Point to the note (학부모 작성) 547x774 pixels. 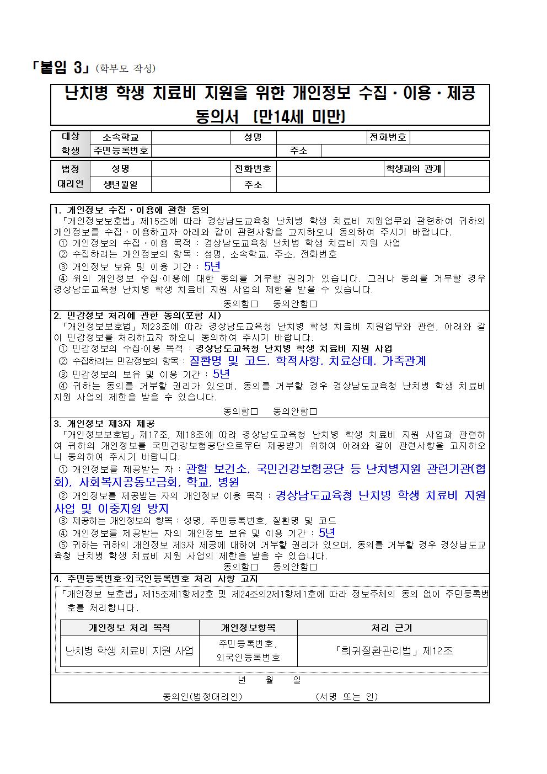[x=126, y=69]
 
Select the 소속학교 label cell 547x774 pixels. [x=120, y=137]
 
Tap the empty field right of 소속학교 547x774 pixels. [x=190, y=137]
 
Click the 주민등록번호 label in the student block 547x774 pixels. [x=120, y=151]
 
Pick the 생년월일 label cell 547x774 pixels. [x=120, y=185]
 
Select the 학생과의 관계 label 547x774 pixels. [x=414, y=169]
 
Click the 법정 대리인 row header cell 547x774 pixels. [x=70, y=177]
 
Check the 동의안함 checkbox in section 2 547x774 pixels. [x=313, y=412]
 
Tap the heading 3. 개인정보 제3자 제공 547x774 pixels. [x=104, y=424]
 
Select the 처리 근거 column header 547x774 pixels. [x=392, y=628]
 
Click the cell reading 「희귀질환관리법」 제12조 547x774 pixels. [x=392, y=651]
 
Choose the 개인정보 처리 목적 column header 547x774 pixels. [x=129, y=628]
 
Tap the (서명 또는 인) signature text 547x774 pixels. [x=346, y=697]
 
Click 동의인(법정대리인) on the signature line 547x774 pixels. [x=202, y=697]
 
